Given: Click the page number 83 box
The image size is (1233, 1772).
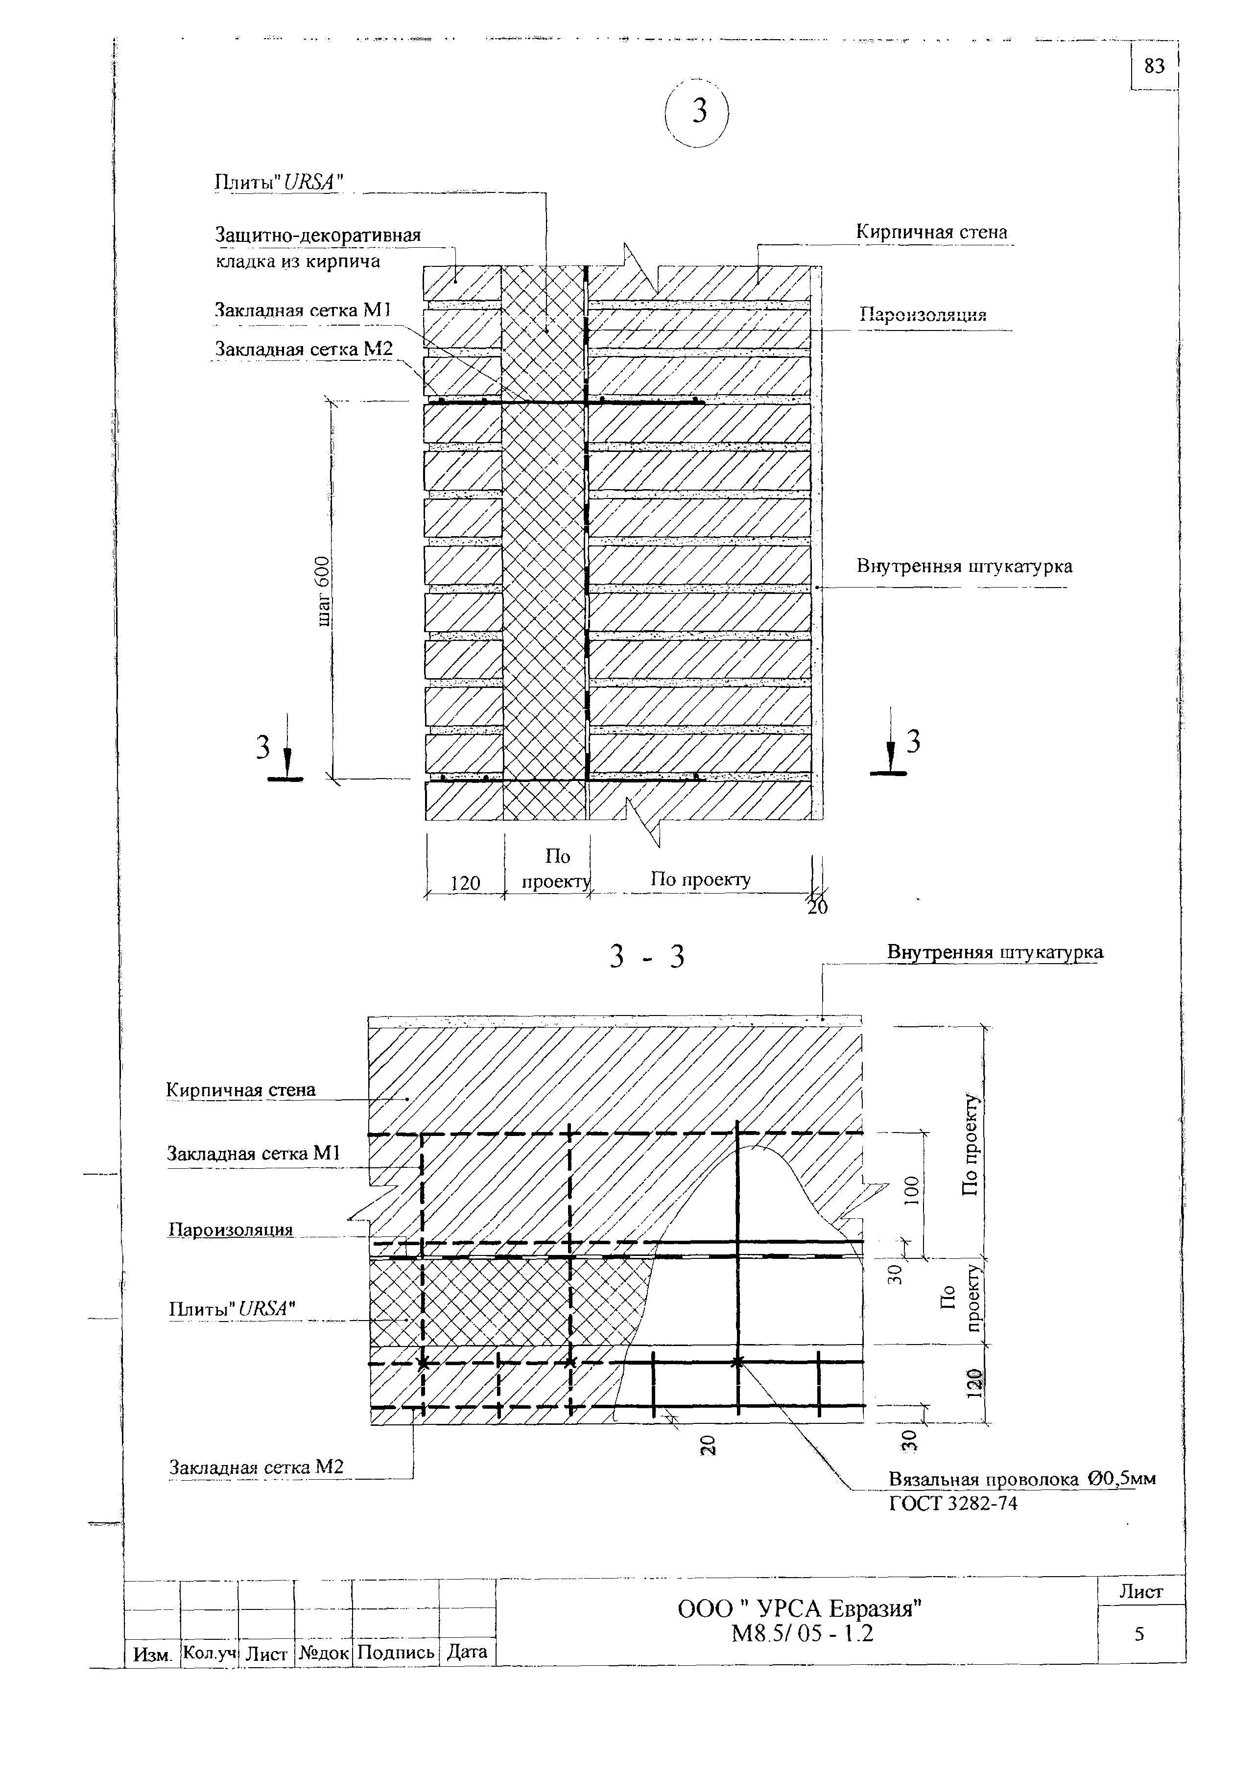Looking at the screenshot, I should [1154, 67].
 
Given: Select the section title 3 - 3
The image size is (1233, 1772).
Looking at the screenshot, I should [646, 957].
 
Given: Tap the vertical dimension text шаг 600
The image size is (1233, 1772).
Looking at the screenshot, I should [324, 591].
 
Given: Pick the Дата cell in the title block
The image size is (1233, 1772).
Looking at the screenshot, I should [467, 1652].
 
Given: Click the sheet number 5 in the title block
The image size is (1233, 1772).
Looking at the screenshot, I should [1139, 1634].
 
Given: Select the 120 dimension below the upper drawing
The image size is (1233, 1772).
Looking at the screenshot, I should [465, 883].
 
